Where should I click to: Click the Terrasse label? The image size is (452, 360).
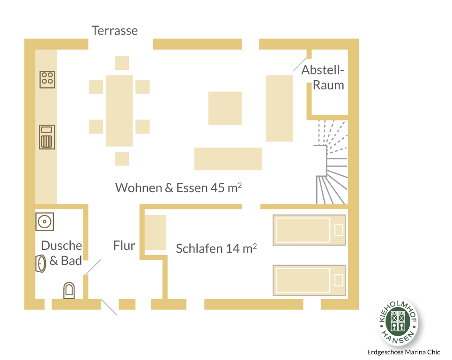(115, 30)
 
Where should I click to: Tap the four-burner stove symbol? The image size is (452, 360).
(47, 80)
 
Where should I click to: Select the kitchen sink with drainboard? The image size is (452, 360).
(47, 137)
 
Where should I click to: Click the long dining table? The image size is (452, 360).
(119, 111)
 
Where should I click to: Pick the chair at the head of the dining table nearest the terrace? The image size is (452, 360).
(122, 63)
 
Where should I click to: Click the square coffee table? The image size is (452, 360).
(225, 108)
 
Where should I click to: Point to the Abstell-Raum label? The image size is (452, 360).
(323, 78)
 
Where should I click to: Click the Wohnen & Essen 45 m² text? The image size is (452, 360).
(178, 187)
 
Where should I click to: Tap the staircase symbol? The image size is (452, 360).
(332, 162)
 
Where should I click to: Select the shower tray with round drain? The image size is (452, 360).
(44, 222)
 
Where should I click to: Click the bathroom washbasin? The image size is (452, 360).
(41, 263)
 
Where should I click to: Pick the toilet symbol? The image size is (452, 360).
(69, 290)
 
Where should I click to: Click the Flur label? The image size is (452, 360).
(124, 246)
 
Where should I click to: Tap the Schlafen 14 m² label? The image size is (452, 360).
(216, 248)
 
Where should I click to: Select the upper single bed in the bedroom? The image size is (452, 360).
(309, 230)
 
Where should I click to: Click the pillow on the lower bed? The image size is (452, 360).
(339, 280)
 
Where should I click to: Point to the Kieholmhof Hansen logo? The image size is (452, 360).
(398, 322)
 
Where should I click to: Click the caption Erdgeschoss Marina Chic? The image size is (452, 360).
(404, 352)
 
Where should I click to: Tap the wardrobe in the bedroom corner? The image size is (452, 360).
(156, 232)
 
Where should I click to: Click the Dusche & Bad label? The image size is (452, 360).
(62, 253)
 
